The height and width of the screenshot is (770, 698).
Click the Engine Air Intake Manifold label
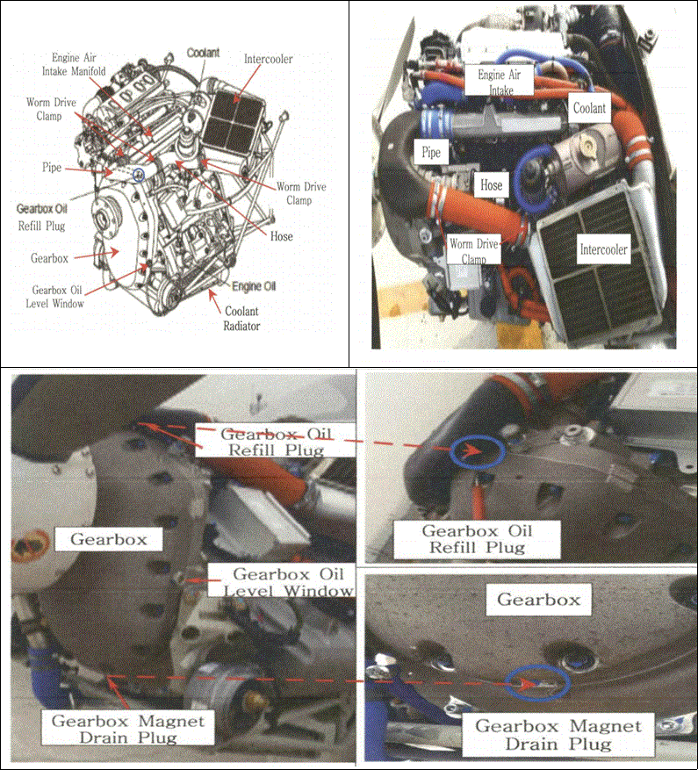tap(74, 64)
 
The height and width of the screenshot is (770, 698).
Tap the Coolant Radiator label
tap(241, 318)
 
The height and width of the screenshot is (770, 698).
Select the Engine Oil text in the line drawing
tap(254, 286)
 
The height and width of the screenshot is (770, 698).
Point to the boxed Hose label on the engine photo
tap(491, 185)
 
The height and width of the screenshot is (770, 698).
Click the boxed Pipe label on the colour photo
tap(431, 152)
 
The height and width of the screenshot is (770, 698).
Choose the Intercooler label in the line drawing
tap(268, 59)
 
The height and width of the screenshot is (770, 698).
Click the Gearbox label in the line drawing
tap(50, 258)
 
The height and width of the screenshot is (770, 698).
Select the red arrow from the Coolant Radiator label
tap(214, 301)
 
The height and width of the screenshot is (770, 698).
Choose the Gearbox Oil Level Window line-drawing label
tap(55, 297)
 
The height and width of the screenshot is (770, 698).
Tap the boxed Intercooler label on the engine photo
tap(604, 249)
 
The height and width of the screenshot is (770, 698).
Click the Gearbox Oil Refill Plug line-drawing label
tap(42, 217)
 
